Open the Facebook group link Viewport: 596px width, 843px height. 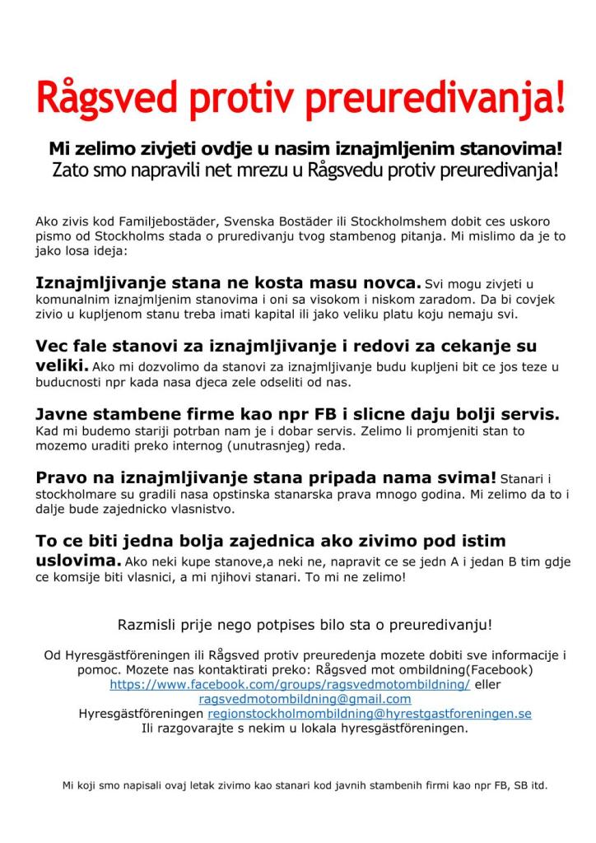click(x=290, y=684)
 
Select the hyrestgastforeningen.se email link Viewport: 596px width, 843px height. click(x=370, y=713)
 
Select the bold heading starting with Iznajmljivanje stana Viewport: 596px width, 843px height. click(x=228, y=282)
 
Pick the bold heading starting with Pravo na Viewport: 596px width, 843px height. click(x=266, y=477)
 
